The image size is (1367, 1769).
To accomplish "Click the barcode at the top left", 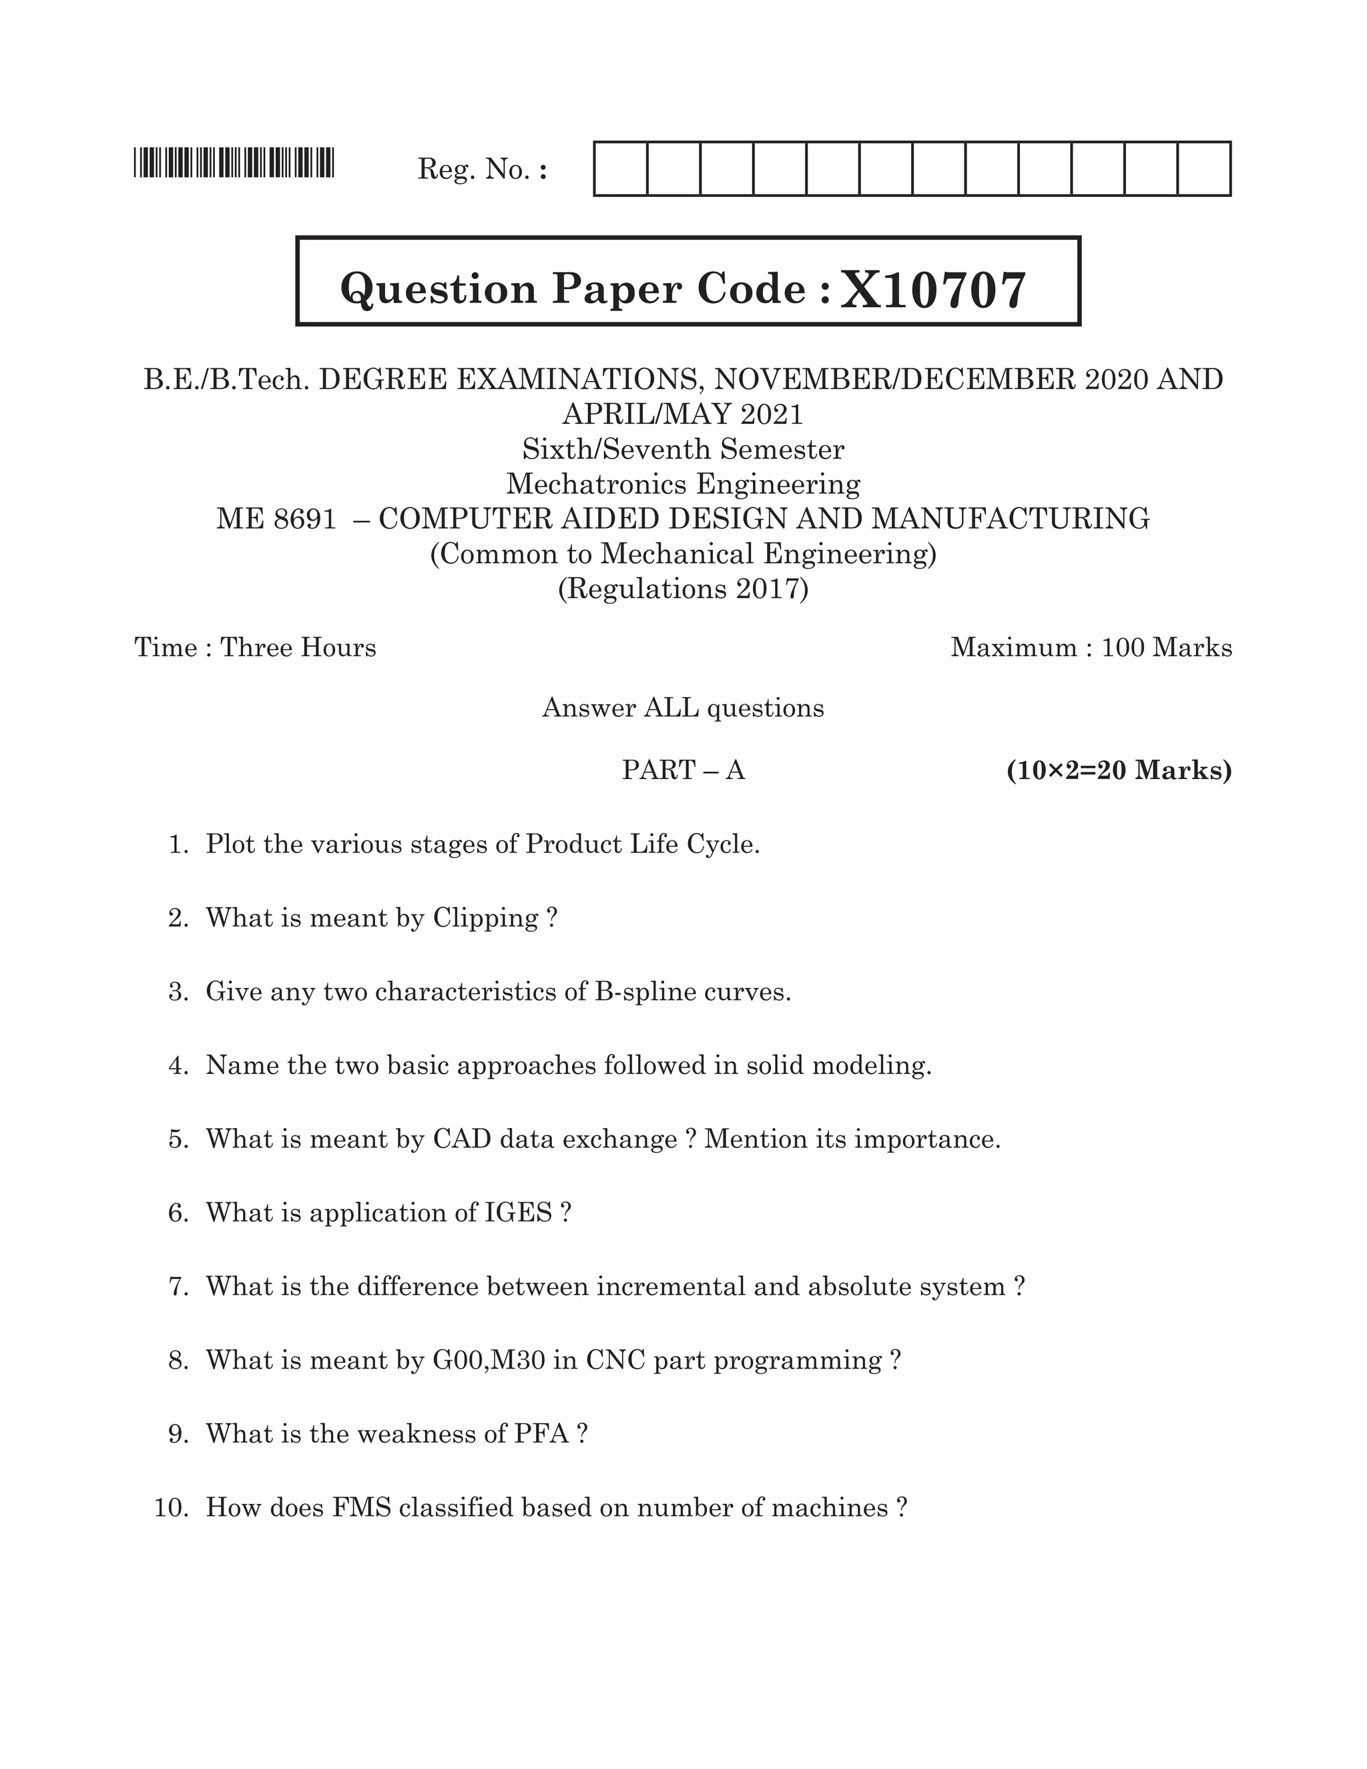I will [234, 163].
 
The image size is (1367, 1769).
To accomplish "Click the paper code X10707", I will [933, 290].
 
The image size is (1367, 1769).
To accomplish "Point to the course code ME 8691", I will [276, 519].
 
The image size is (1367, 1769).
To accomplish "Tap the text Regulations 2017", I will [683, 588].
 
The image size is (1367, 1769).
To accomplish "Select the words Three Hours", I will [298, 647].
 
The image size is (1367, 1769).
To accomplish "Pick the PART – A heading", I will [683, 770].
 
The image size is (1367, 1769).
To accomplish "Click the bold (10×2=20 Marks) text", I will [1119, 770].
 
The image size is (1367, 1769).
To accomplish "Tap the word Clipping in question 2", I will [485, 918].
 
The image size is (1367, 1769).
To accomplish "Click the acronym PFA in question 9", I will [541, 1434].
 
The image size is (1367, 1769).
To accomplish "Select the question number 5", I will [178, 1139].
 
